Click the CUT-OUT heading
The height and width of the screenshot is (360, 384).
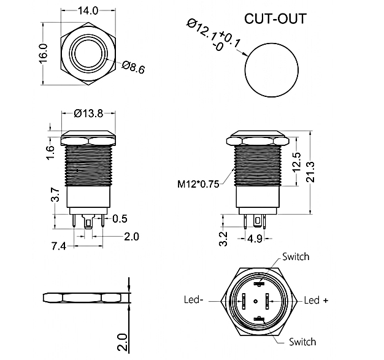[275, 18]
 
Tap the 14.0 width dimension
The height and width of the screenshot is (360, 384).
[88, 11]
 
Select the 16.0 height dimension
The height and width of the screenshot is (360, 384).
[43, 54]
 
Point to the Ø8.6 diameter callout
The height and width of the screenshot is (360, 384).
[134, 67]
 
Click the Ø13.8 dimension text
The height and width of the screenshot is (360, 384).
[88, 113]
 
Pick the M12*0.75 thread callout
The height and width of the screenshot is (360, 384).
[198, 184]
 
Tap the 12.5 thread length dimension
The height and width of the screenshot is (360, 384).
[296, 163]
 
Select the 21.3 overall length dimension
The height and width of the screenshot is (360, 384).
[310, 172]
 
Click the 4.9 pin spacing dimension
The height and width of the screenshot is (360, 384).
[255, 239]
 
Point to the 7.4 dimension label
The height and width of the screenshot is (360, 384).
[59, 246]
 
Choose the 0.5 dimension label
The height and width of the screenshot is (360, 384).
[120, 219]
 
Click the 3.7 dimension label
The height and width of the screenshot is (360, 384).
[55, 194]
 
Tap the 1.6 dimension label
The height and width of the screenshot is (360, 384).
[50, 153]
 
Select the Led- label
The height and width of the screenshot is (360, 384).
[193, 300]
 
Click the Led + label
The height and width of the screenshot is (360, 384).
[316, 300]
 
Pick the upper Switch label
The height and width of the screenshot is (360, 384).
[296, 256]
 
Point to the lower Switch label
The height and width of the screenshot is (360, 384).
[302, 342]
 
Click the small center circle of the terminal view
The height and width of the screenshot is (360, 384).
[256, 301]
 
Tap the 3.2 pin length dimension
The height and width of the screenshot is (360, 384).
[223, 239]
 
